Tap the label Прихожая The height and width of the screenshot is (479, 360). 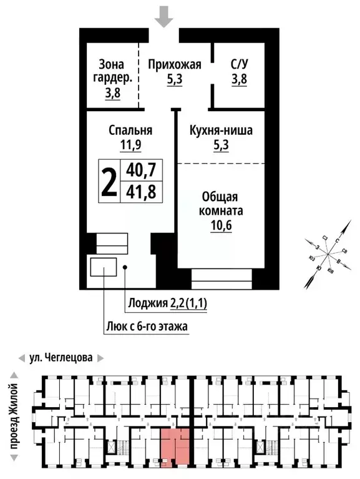pos(174,64)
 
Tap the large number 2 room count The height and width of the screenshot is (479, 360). pos(109,181)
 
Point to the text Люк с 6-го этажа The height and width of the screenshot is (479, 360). pos(146,326)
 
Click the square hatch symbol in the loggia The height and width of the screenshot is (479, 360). pos(102,267)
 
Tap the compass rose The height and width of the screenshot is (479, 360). pos(328,255)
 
